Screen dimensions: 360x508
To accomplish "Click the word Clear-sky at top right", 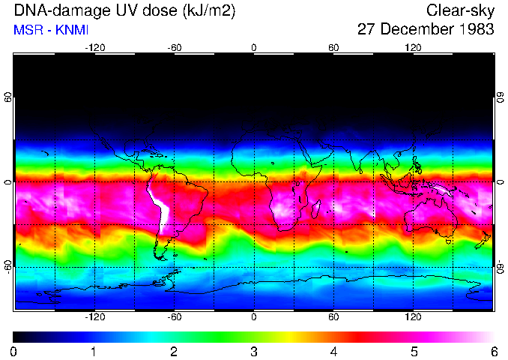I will pyautogui.click(x=460, y=11).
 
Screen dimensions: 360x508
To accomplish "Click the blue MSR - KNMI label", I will pyautogui.click(x=46, y=30).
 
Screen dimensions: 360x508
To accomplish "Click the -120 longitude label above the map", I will pyautogui.click(x=94, y=47).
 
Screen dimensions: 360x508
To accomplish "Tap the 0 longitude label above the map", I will pyautogui.click(x=254, y=47).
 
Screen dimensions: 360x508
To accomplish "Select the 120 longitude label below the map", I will pyautogui.click(x=413, y=317).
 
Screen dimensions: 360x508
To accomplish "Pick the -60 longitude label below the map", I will pyautogui.click(x=174, y=317).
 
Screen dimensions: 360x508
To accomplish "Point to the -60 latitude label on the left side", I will pyautogui.click(x=8, y=266).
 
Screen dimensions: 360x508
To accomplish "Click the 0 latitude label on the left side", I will pyautogui.click(x=8, y=182).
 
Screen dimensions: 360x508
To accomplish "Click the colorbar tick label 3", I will pyautogui.click(x=254, y=352).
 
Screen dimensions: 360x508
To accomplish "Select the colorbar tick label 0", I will pyautogui.click(x=14, y=352).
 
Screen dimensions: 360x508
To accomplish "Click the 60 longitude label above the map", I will pyautogui.click(x=333, y=47).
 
